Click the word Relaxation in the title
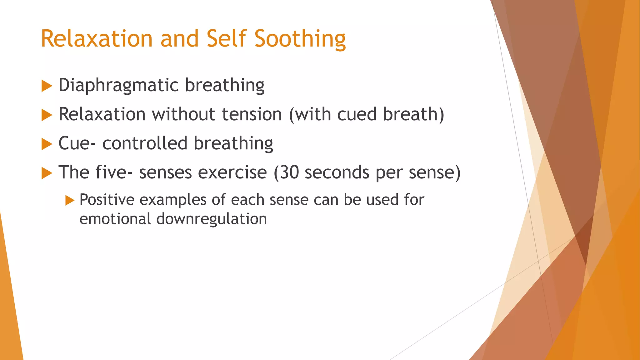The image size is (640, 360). pyautogui.click(x=97, y=39)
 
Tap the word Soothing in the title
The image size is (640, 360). pyautogui.click(x=300, y=39)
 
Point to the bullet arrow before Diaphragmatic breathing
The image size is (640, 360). pyautogui.click(x=47, y=86)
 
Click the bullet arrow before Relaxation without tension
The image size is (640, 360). pyautogui.click(x=47, y=115)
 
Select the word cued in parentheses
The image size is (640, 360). pyautogui.click(x=357, y=114)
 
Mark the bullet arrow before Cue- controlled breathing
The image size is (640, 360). pyautogui.click(x=47, y=144)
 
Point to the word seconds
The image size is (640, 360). pyautogui.click(x=337, y=172)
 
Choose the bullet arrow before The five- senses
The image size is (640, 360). pyautogui.click(x=47, y=173)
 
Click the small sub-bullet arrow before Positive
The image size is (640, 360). pyautogui.click(x=70, y=200)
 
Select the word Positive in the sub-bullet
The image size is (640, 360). pyautogui.click(x=107, y=200)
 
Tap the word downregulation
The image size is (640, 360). pyautogui.click(x=212, y=219)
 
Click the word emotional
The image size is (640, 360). pyautogui.click(x=115, y=219)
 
